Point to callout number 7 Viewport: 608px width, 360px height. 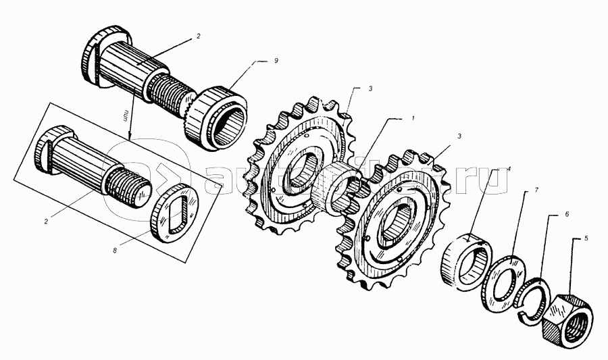(x=536, y=190)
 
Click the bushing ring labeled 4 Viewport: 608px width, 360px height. (x=468, y=260)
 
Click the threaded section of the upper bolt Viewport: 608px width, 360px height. (x=170, y=93)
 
